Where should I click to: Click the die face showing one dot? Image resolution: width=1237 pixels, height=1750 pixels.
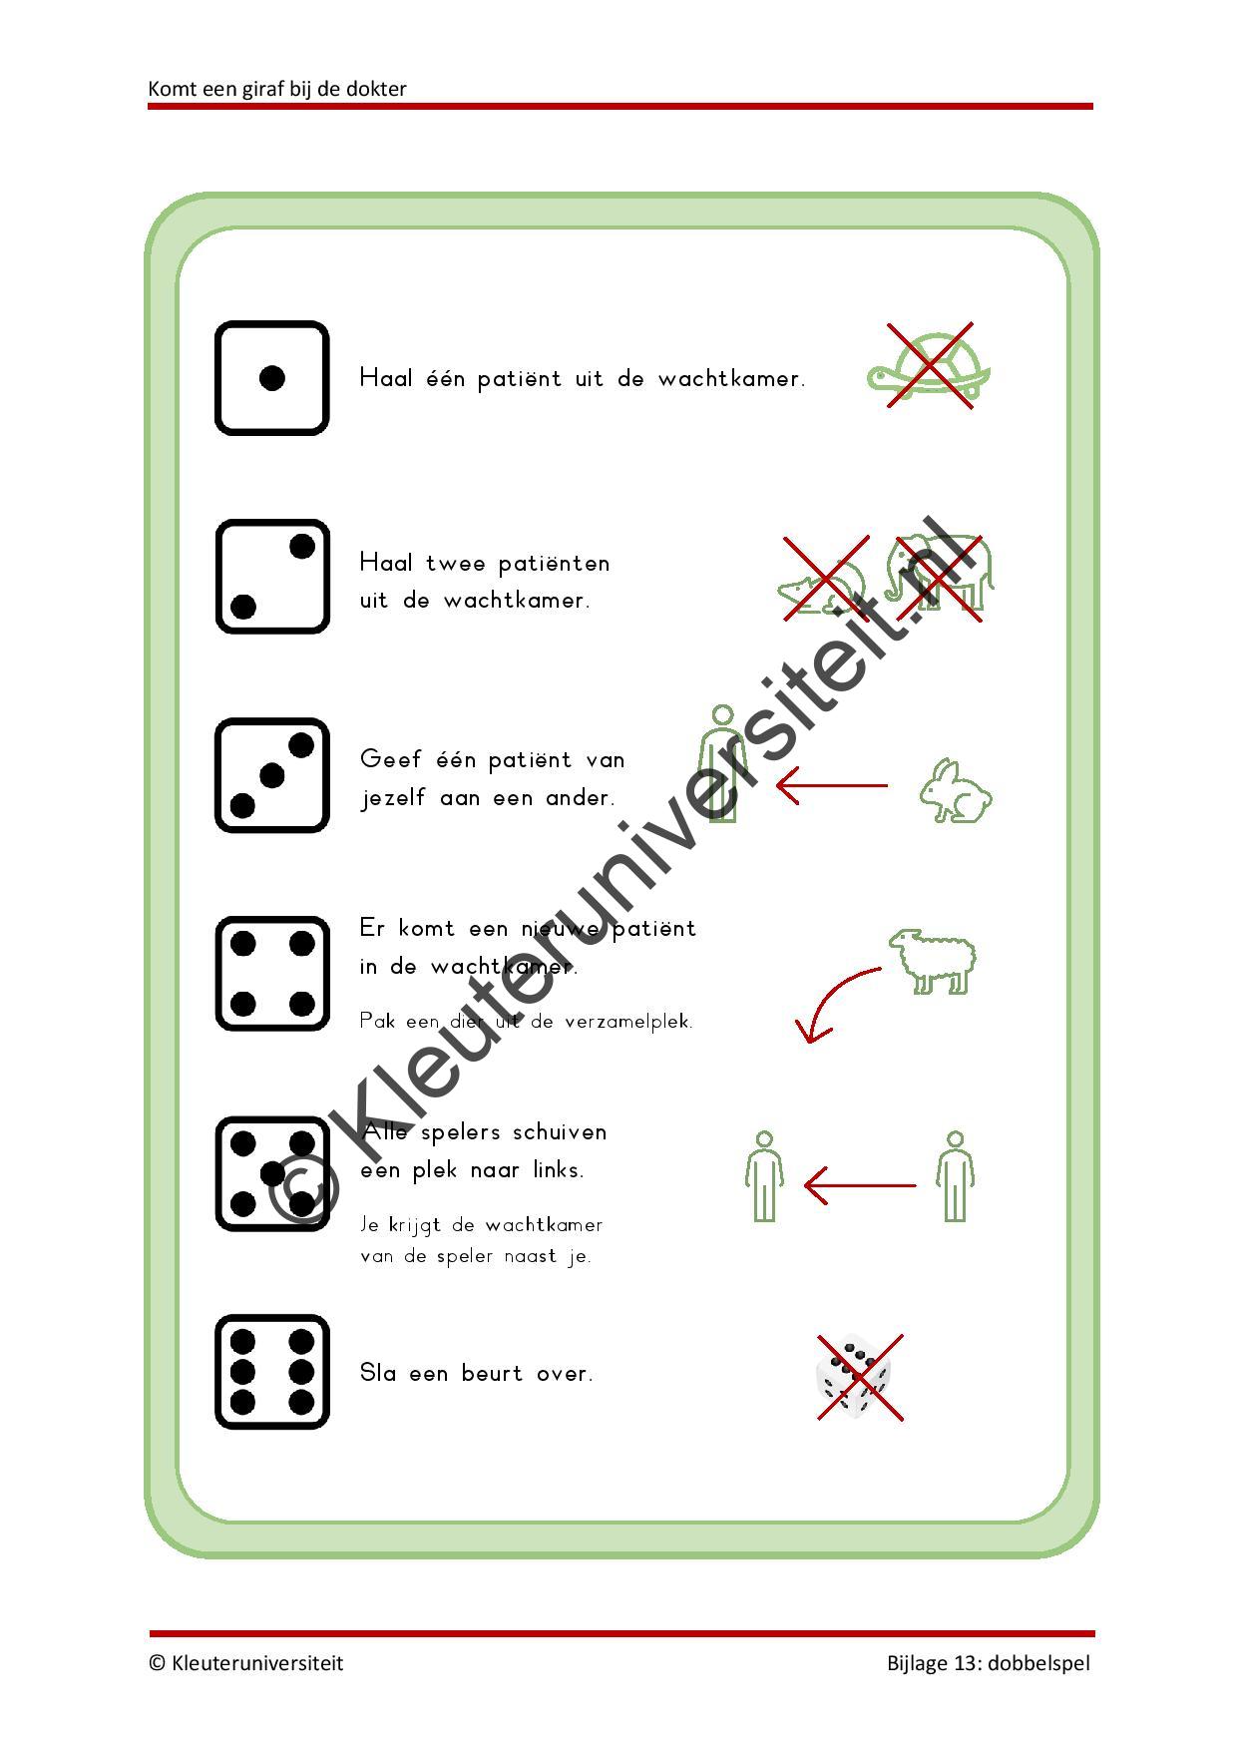[271, 378]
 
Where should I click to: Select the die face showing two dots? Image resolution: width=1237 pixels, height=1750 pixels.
[271, 577]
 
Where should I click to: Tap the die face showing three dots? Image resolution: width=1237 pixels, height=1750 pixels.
[271, 775]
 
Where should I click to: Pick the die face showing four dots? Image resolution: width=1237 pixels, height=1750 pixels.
[271, 974]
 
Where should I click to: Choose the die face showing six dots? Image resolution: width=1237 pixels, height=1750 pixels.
[271, 1372]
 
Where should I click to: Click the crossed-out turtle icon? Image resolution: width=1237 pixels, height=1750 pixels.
[929, 366]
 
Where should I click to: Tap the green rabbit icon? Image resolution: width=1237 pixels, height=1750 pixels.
[956, 790]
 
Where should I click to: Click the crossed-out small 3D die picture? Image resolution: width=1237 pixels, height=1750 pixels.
[859, 1377]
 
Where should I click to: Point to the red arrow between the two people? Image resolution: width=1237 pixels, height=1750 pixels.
[860, 1186]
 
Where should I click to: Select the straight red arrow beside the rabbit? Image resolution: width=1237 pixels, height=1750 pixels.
[832, 785]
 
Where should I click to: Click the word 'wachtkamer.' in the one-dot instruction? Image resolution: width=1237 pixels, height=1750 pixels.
[731, 379]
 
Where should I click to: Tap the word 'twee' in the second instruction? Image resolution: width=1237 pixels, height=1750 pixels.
[456, 563]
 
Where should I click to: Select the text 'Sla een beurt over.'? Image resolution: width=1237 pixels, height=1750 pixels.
[477, 1373]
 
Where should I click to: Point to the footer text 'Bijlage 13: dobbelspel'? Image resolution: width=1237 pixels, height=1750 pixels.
[989, 1663]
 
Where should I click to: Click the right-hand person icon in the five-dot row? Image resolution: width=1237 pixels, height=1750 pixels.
[955, 1176]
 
